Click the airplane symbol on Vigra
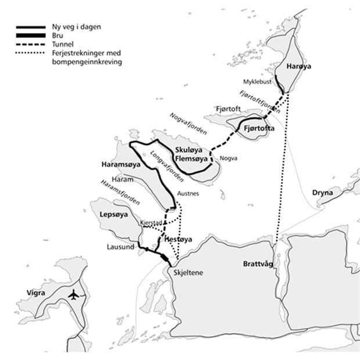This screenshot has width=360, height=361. [73, 295]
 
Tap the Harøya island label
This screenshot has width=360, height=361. [299, 67]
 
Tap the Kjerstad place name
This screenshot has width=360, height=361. [152, 223]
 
